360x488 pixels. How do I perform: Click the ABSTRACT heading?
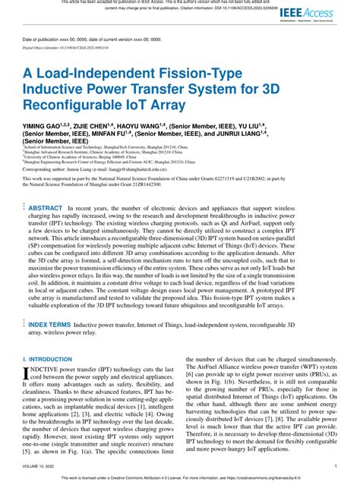(x=46, y=207)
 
